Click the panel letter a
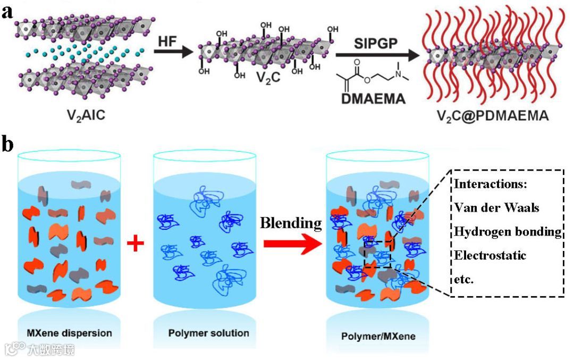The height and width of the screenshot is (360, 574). pos(7,11)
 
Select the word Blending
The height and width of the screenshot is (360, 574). pos(291,223)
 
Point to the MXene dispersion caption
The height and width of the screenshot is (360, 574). pos(70,333)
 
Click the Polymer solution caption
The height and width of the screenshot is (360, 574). pos(208,333)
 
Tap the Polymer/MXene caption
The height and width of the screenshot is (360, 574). pos(378,337)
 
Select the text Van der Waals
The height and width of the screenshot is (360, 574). pos(493,207)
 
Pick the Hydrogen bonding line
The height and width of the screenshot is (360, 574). pos(508,231)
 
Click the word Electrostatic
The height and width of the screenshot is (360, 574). pos(490,255)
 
